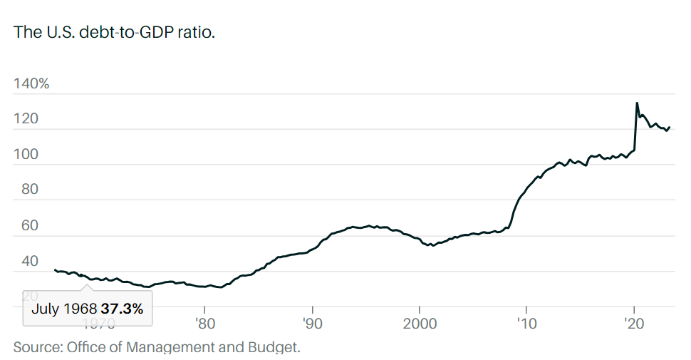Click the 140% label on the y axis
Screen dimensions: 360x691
31,83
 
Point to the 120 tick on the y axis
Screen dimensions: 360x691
26,119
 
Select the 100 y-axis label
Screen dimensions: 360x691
26,155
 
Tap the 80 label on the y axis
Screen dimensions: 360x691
23,190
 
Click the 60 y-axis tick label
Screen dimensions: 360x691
23,226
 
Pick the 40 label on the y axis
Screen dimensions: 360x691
23,262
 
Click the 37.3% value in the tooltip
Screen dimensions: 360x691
122,309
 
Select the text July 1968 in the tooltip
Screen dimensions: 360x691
64,309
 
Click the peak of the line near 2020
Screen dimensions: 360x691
636,103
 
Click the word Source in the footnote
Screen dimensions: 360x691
36,347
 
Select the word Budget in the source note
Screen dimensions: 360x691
276,347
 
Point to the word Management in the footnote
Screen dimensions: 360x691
170,347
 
